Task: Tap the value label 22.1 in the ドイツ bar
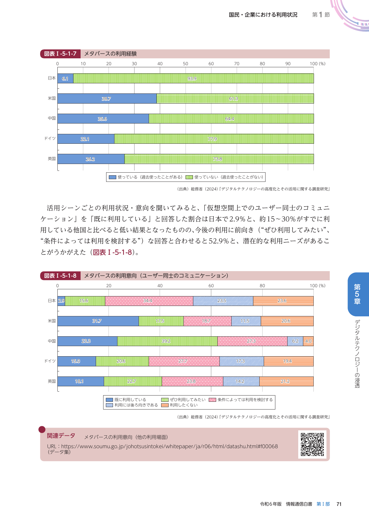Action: (x=85, y=139)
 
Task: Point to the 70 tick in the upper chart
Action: (x=237, y=64)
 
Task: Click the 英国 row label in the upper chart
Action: (x=52, y=159)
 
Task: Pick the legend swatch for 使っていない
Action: (x=189, y=177)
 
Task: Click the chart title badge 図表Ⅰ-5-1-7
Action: (x=60, y=54)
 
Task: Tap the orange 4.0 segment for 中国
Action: (x=308, y=341)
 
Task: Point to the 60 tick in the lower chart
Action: (x=211, y=286)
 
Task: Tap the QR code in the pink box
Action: (x=312, y=444)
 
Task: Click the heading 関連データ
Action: (x=61, y=436)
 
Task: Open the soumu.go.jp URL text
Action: (x=162, y=446)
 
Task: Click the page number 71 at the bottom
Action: (x=339, y=504)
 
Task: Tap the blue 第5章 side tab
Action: (x=357, y=294)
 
